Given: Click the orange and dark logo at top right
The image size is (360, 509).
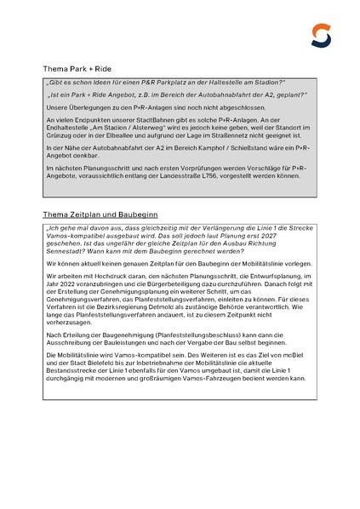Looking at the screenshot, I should [320, 36].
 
